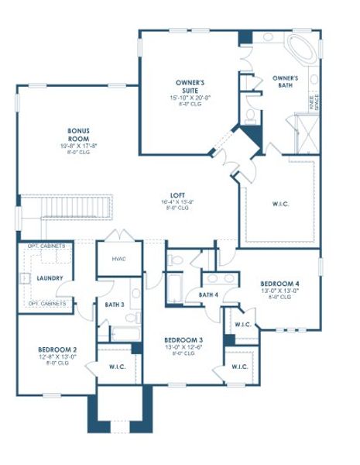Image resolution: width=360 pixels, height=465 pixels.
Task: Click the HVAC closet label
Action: pyautogui.click(x=118, y=259)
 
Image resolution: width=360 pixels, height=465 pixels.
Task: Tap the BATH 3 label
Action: pyautogui.click(x=115, y=305)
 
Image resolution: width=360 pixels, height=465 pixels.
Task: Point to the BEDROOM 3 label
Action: pyautogui.click(x=183, y=340)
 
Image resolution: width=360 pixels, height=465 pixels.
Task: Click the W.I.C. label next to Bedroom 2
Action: pyautogui.click(x=118, y=367)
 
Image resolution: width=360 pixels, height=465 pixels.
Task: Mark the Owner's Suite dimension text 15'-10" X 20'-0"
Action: pyautogui.click(x=189, y=97)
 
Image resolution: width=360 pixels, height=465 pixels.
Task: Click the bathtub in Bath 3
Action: pyautogui.click(x=125, y=334)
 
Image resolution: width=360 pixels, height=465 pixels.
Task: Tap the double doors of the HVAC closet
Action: pyautogui.click(x=118, y=236)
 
